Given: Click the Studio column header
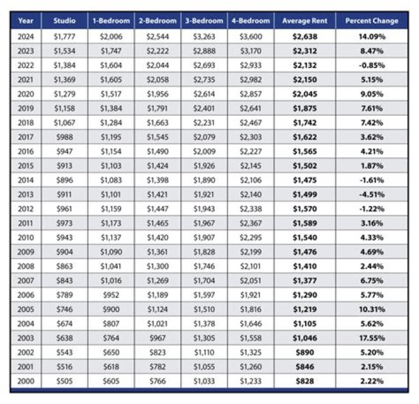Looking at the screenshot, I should [x=64, y=21].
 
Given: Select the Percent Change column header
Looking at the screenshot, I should [x=372, y=21].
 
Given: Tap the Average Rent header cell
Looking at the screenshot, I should [x=304, y=21].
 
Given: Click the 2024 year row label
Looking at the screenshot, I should [x=26, y=36].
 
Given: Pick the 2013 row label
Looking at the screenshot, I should [x=26, y=194].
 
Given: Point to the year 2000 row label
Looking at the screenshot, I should [x=26, y=380].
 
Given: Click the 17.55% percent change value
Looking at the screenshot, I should [x=372, y=337].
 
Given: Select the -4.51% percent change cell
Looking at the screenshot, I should [x=372, y=194].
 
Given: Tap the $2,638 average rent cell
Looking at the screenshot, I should [x=304, y=36].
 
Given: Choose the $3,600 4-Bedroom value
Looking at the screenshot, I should [x=251, y=36].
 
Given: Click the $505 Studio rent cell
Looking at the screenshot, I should [x=64, y=380].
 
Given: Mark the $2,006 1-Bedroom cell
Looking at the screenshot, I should [x=111, y=36].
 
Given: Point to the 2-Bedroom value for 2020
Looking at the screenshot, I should [x=157, y=94].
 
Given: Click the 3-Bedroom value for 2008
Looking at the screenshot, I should [x=204, y=265].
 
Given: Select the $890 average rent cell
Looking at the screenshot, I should [x=304, y=352].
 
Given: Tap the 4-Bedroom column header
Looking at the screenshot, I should [x=251, y=21].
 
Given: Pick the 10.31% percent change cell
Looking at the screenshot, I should [x=372, y=309].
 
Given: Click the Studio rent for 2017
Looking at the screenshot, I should [x=64, y=136].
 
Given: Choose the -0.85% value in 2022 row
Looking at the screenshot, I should [x=372, y=65].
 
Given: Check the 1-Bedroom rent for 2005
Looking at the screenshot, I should [x=111, y=309].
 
